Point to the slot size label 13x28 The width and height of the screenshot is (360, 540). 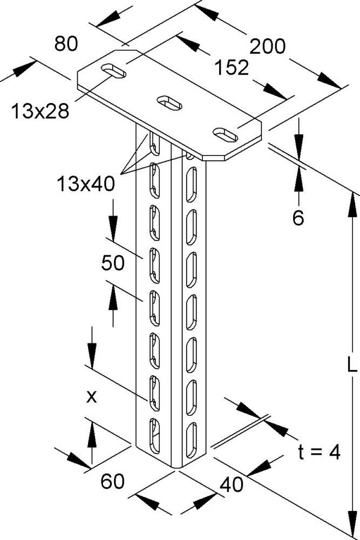tap(39, 111)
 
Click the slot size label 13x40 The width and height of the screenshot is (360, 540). tap(85, 185)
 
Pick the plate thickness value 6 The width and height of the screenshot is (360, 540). tap(298, 218)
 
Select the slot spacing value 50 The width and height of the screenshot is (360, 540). tap(113, 263)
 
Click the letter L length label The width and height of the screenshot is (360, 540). tap(351, 367)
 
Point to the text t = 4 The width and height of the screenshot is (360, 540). tap(318, 452)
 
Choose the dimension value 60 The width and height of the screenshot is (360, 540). tap(113, 480)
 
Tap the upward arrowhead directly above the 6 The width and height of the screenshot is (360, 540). tap(298, 181)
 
